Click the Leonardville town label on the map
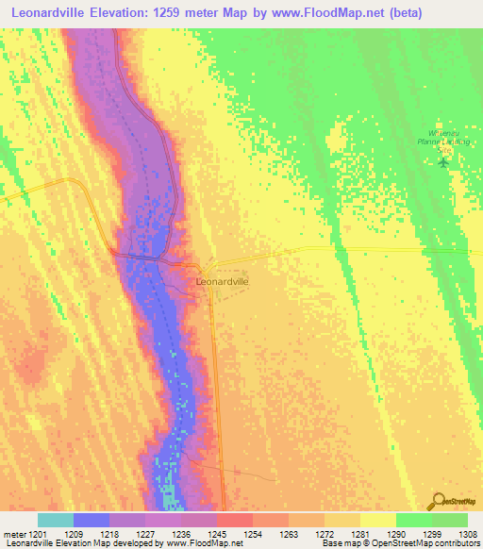[222, 281]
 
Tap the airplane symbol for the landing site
[444, 161]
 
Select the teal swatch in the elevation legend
[56, 520]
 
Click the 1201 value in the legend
[37, 534]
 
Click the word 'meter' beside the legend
[12, 534]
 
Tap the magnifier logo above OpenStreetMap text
[438, 501]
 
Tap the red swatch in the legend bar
[235, 520]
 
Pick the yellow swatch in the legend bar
[378, 520]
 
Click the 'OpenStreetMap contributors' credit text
[429, 543]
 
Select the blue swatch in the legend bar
[92, 520]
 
